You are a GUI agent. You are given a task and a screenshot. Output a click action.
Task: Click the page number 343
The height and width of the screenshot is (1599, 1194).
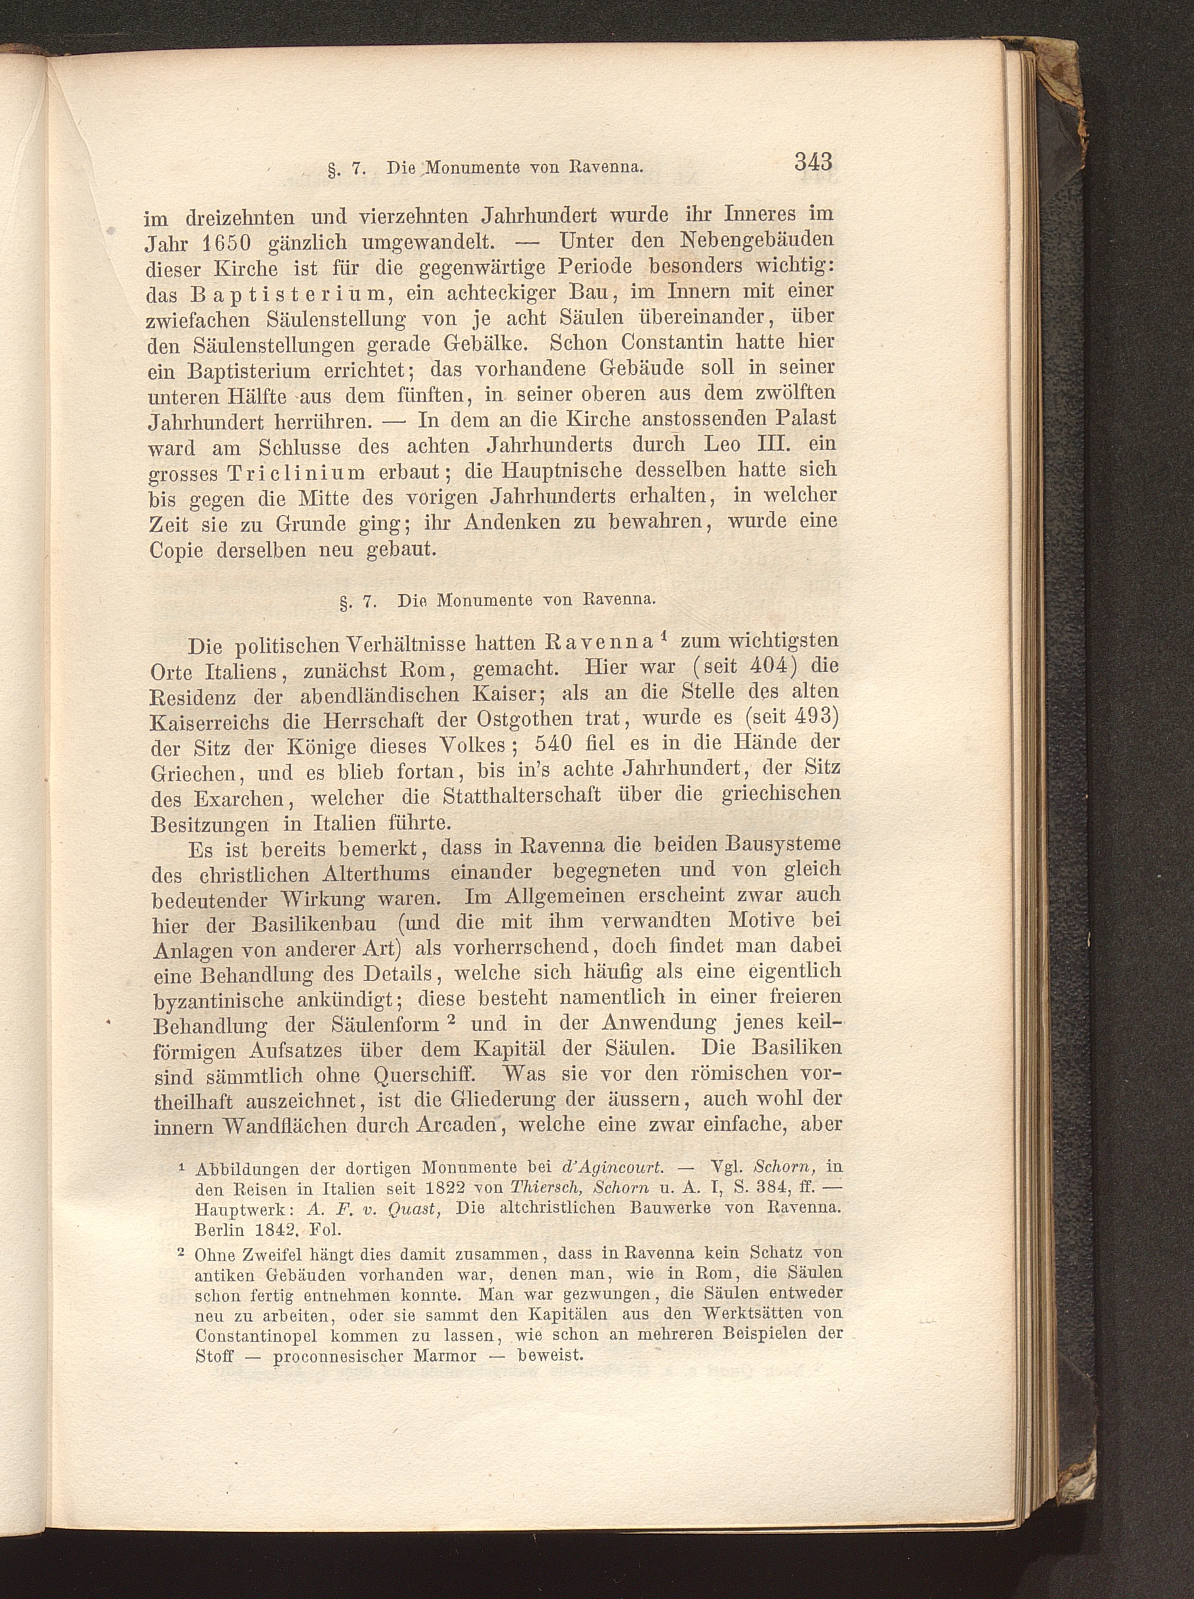(x=813, y=162)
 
